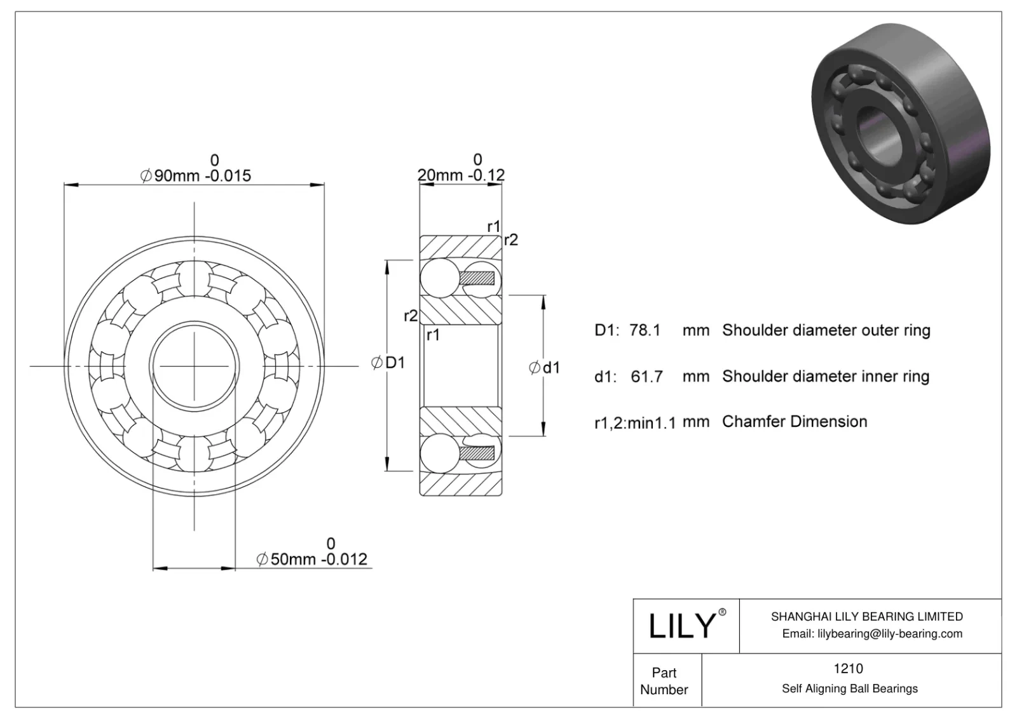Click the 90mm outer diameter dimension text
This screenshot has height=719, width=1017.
click(196, 175)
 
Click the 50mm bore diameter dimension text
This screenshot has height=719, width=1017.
click(312, 559)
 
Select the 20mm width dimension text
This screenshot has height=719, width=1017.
click(461, 175)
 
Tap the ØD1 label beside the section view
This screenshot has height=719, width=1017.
click(388, 363)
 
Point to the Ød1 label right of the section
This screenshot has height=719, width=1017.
click(545, 367)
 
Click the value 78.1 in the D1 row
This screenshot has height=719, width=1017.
click(645, 330)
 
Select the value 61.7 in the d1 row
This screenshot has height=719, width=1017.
click(646, 377)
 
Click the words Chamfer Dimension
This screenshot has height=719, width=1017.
click(795, 422)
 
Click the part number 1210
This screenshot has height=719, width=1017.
click(848, 668)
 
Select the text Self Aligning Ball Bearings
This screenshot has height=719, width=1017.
click(849, 689)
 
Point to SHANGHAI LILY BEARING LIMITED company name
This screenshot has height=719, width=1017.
click(866, 616)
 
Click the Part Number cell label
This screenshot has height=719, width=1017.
click(664, 681)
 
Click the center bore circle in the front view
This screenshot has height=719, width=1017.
click(194, 366)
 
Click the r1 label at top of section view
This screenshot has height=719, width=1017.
click(494, 226)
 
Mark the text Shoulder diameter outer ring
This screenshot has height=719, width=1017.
click(826, 330)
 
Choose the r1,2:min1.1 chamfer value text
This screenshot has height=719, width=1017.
click(634, 422)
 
